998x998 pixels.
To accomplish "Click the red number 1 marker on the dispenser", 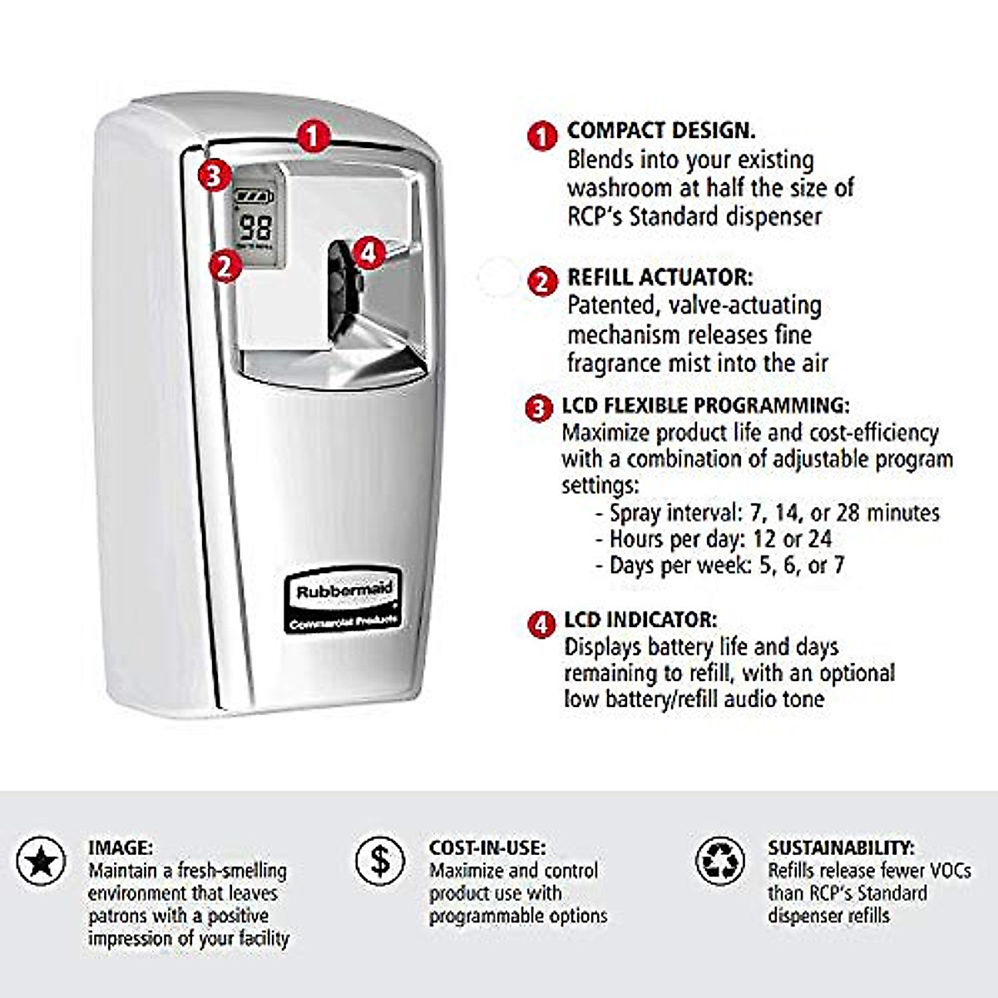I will click(311, 136).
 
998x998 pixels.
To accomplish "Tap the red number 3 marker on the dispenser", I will click(215, 175).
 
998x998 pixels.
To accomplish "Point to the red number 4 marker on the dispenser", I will click(370, 251).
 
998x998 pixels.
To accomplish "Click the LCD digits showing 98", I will click(255, 227).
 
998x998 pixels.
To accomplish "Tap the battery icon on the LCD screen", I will click(254, 197).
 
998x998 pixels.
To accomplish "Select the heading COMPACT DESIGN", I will click(661, 131).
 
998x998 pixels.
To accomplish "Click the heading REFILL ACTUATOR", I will click(660, 277).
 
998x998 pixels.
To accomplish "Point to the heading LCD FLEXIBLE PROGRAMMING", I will click(706, 406).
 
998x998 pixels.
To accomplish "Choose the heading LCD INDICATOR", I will click(640, 620).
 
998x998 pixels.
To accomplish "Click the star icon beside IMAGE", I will click(41, 861).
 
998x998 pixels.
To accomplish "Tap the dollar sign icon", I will click(380, 861).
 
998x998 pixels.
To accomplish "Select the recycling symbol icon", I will click(719, 861).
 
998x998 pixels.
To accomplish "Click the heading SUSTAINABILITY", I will click(841, 847).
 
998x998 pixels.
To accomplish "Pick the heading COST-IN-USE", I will click(487, 847).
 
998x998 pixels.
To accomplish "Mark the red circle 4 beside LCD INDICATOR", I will click(541, 624).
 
